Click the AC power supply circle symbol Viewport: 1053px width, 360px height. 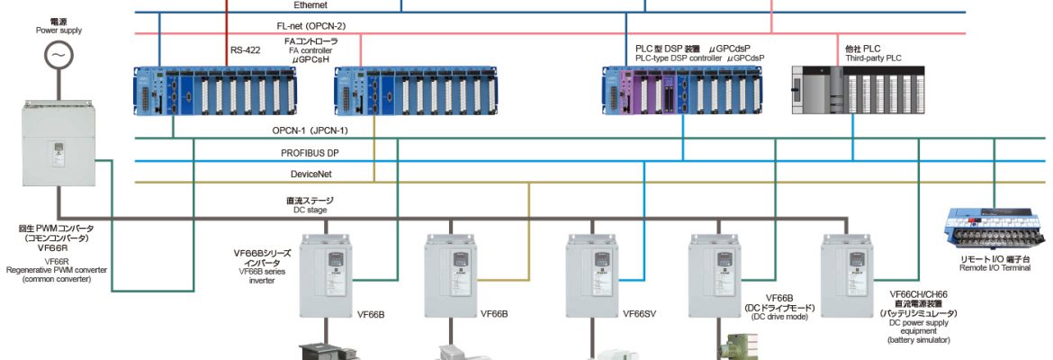(59, 55)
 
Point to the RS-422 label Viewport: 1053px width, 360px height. (245, 50)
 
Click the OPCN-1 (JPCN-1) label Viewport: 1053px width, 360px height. (310, 130)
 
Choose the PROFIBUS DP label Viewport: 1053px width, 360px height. (309, 153)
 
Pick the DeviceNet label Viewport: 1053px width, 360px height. (309, 175)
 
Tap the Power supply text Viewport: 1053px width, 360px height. (58, 30)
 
